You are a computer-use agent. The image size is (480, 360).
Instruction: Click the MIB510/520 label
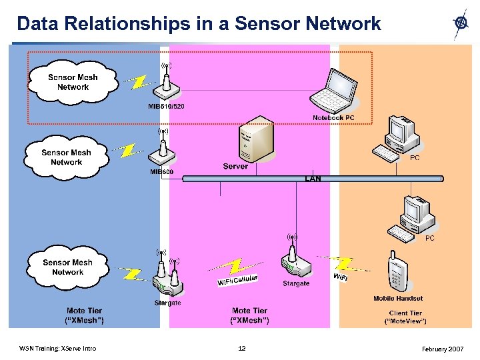[x=166, y=107]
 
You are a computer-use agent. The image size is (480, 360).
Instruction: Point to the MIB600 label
[x=162, y=172]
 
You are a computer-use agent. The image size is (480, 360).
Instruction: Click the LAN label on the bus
[x=313, y=179]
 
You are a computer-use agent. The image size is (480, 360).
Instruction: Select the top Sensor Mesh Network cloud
[x=73, y=82]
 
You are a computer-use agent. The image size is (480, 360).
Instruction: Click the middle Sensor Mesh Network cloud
[x=67, y=157]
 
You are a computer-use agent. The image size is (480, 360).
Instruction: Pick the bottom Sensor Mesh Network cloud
[x=67, y=267]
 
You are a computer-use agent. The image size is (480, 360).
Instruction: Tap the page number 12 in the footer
[x=242, y=348]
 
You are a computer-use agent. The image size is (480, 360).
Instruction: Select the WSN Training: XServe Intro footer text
[x=57, y=348]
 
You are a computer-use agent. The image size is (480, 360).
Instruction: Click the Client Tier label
[x=405, y=313]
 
